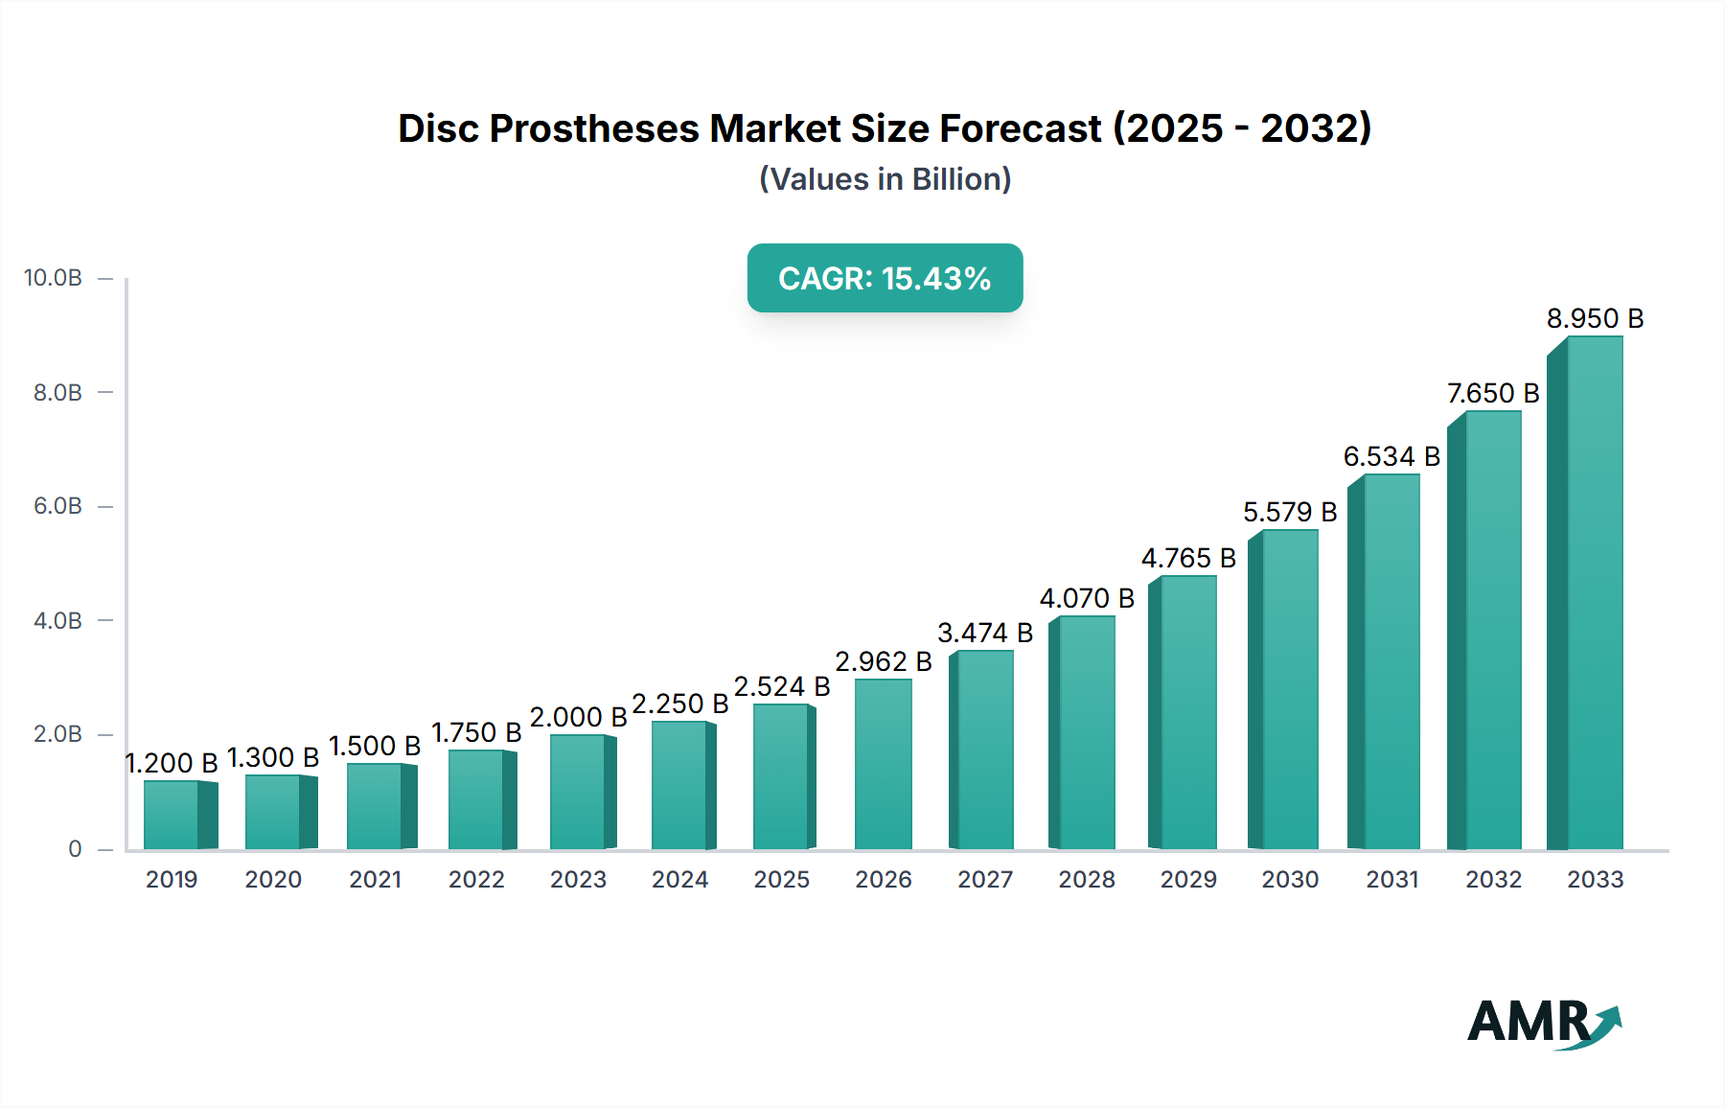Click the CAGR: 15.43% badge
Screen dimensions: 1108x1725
pyautogui.click(x=885, y=278)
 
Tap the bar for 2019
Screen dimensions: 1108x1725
pyautogui.click(x=173, y=815)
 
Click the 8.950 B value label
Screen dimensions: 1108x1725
pyautogui.click(x=1595, y=318)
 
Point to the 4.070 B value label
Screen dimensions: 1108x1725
pyautogui.click(x=1087, y=598)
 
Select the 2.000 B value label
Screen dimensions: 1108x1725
pyautogui.click(x=578, y=717)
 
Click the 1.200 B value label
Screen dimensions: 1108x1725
pyautogui.click(x=172, y=763)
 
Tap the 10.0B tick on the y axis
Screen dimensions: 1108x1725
pyautogui.click(x=54, y=278)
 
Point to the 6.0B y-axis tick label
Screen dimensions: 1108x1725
pyautogui.click(x=57, y=506)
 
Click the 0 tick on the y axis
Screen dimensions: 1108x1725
pyautogui.click(x=75, y=849)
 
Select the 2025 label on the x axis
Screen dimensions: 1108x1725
pyautogui.click(x=781, y=880)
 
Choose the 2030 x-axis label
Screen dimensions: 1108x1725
pyautogui.click(x=1290, y=880)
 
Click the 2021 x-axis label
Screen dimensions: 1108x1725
pyautogui.click(x=375, y=880)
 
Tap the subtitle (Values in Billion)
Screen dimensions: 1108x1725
pyautogui.click(x=885, y=179)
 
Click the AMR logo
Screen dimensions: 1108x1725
pyautogui.click(x=1543, y=1022)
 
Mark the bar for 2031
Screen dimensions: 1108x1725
pyautogui.click(x=1390, y=661)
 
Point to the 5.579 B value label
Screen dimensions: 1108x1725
pyautogui.click(x=1290, y=512)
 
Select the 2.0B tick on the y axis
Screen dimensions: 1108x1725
pyautogui.click(x=57, y=734)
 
